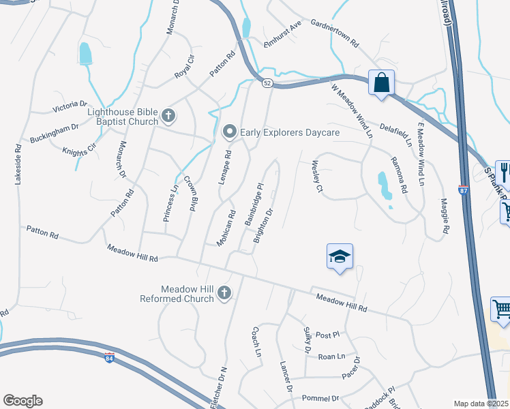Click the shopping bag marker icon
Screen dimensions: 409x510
click(381, 83)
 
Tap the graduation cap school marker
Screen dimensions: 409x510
click(340, 257)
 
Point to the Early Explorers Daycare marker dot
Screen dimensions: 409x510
click(230, 132)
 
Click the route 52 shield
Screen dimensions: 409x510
click(266, 82)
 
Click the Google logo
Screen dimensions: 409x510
click(22, 401)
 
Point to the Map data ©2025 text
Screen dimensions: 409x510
click(481, 404)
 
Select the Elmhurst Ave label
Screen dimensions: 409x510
click(283, 37)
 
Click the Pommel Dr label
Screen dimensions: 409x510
click(325, 398)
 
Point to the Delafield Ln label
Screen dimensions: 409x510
click(397, 134)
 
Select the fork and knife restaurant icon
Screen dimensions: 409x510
click(504, 170)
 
